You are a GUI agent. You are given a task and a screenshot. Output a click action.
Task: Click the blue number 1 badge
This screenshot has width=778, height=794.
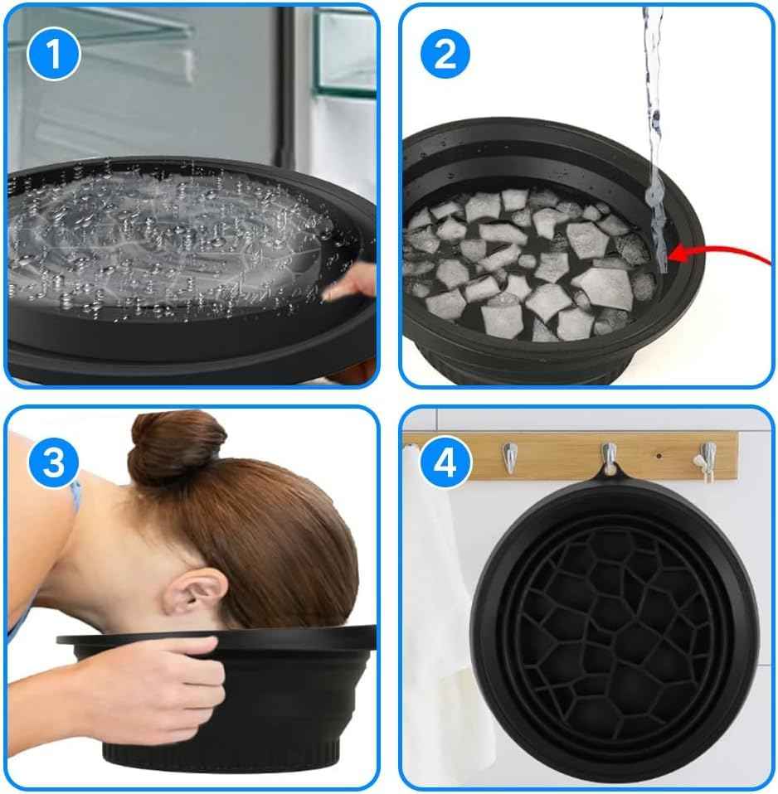(x=54, y=54)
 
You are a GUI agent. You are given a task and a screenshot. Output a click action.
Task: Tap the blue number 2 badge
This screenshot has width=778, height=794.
(x=445, y=54)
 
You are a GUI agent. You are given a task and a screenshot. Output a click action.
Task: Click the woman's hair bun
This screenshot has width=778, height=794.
(x=176, y=448)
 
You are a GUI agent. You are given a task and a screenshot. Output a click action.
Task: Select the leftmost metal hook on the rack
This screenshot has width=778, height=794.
(x=511, y=458)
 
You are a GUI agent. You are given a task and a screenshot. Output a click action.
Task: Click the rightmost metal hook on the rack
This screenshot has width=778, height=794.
(x=707, y=458)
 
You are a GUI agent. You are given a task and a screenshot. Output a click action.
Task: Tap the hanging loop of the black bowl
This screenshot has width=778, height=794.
(x=609, y=473)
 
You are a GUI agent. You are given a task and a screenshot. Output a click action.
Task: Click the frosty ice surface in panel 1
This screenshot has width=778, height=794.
(x=166, y=240)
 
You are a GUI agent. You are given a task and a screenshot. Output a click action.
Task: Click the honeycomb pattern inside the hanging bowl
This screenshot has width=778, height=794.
(x=614, y=630)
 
